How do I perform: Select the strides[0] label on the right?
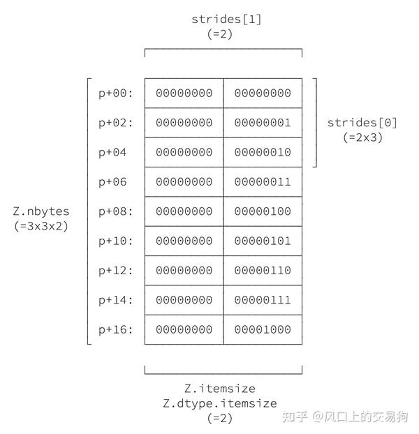(362, 123)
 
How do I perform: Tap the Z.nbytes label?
(41, 211)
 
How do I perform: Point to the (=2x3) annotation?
(362, 137)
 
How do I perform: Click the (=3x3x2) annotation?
(41, 225)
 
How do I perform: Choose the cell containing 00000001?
(263, 123)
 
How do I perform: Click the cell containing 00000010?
(263, 152)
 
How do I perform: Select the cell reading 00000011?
(263, 181)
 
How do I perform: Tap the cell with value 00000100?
(263, 211)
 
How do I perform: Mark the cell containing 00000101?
(263, 241)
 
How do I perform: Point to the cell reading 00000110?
(263, 270)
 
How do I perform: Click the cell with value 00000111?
(263, 300)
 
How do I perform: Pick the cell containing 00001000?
(263, 329)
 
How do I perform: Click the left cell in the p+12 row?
(184, 270)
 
